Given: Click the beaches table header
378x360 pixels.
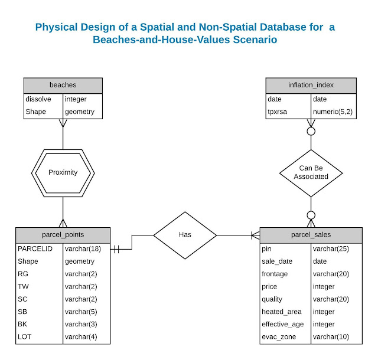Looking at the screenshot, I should point(63,85).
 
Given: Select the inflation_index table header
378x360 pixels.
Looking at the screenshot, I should point(311,85).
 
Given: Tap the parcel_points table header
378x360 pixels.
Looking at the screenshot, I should point(63,234).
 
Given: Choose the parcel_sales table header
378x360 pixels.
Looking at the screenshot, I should point(311,234).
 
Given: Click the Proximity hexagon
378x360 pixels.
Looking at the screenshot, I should point(63,173).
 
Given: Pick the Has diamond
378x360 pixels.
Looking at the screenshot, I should point(185,235).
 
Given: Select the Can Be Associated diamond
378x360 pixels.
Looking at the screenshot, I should point(311,172).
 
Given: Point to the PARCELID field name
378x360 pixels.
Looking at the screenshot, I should point(35,248).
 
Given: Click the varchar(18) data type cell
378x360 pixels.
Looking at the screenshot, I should point(83,248).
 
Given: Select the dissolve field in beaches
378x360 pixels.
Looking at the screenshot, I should point(38,99).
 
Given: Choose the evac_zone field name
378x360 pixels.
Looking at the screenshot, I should point(277,336).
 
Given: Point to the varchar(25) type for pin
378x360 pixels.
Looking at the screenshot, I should point(331,248).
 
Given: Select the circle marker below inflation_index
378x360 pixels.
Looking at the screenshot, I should point(311,130).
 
